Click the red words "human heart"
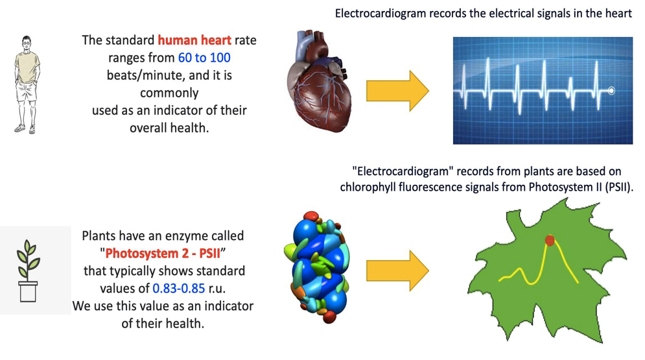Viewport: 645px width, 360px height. tap(194, 40)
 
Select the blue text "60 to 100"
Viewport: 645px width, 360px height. tap(204, 58)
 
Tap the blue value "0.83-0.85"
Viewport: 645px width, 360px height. tap(178, 289)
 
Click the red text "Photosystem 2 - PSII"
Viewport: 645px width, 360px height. tap(163, 254)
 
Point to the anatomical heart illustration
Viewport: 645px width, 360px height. tap(319, 80)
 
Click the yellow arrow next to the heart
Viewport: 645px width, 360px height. tap(397, 91)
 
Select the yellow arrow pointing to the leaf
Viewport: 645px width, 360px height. tap(397, 270)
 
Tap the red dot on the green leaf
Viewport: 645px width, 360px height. tap(550, 240)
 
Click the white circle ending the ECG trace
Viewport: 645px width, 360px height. tap(611, 91)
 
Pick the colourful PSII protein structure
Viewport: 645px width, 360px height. tap(317, 267)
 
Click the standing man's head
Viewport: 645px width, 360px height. tap(27, 42)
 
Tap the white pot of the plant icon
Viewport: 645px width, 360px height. tap(28, 292)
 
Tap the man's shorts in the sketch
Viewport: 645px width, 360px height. tap(27, 91)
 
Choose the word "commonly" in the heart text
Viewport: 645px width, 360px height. tap(169, 93)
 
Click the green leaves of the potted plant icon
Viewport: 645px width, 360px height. tap(29, 257)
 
